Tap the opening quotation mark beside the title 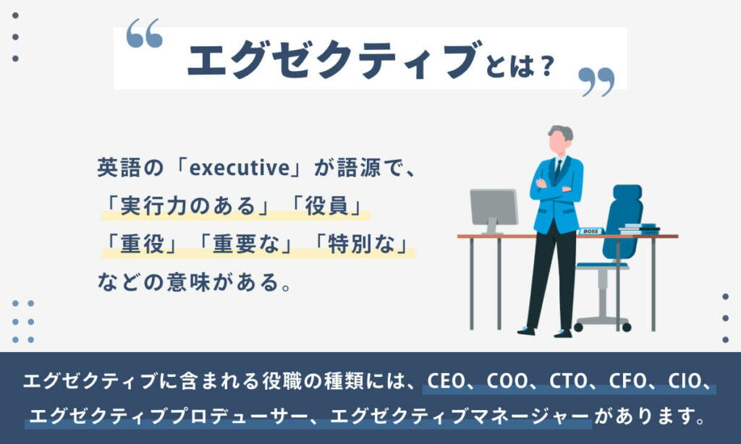144,34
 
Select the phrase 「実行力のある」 188,207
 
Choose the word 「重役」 141,244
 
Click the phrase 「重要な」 246,244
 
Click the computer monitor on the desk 494,208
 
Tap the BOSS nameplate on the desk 590,231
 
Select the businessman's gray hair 561,132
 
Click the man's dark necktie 558,172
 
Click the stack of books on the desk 638,229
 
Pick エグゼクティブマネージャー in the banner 460,417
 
